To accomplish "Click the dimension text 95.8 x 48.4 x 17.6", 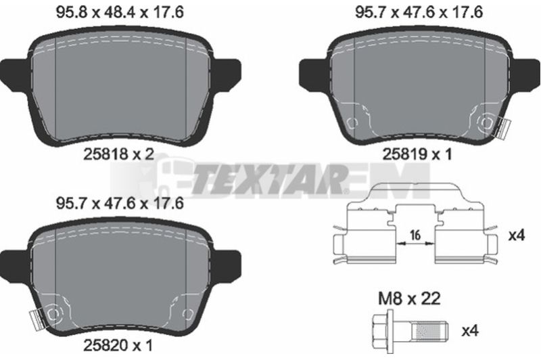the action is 120,12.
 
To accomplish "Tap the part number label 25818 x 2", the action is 118,154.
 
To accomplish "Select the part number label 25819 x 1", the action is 417,154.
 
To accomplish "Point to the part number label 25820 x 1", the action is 118,345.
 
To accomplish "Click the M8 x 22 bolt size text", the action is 410,298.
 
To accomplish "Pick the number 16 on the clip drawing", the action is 415,235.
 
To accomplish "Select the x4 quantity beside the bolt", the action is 470,332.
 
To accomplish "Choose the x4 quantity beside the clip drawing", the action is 517,235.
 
